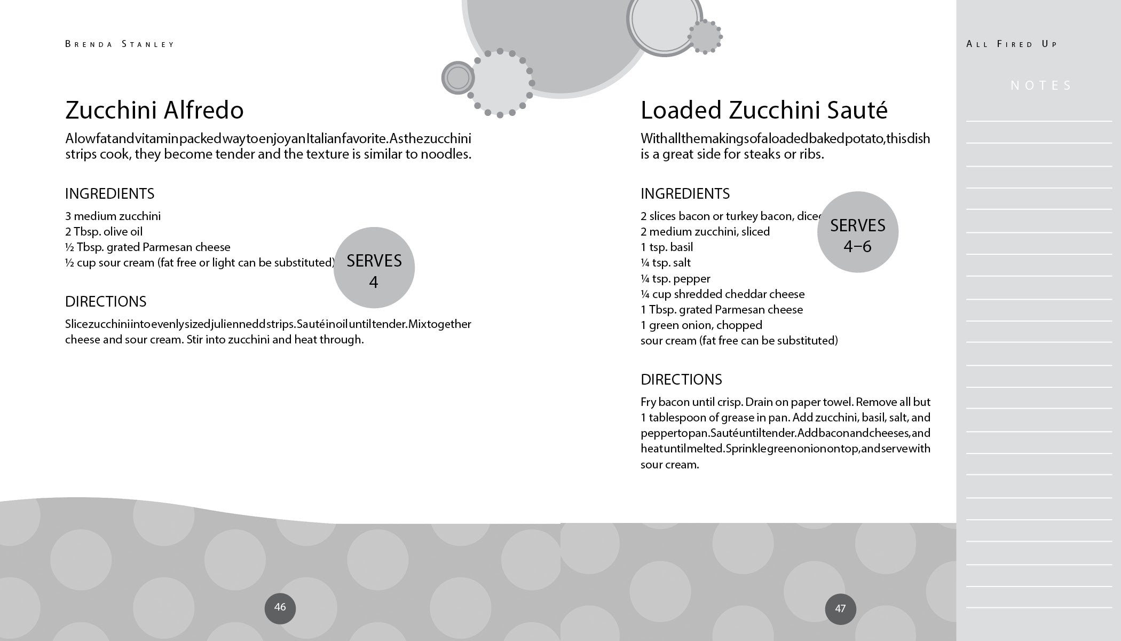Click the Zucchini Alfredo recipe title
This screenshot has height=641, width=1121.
pyautogui.click(x=154, y=110)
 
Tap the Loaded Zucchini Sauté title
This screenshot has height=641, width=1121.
pyautogui.click(x=763, y=110)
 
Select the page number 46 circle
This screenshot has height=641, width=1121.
pyautogui.click(x=280, y=608)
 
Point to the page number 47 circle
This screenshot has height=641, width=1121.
pyautogui.click(x=840, y=609)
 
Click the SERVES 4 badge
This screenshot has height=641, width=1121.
pyautogui.click(x=374, y=268)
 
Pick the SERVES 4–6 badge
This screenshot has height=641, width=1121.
pyautogui.click(x=857, y=232)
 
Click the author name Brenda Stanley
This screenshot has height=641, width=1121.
pyautogui.click(x=120, y=44)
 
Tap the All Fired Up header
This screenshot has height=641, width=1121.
pyautogui.click(x=1012, y=44)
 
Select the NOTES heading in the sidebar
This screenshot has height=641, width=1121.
pyautogui.click(x=1041, y=85)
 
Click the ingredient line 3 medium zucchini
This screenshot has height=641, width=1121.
pyautogui.click(x=113, y=216)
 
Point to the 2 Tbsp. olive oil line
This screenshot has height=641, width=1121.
pyautogui.click(x=104, y=232)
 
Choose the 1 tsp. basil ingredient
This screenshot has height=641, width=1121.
pyautogui.click(x=667, y=247)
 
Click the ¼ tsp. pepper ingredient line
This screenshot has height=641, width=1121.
pyautogui.click(x=675, y=279)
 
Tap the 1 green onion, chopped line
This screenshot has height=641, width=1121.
pyautogui.click(x=701, y=325)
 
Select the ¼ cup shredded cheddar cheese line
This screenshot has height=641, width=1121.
pyautogui.click(x=722, y=294)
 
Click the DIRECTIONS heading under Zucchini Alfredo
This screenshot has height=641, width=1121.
pyautogui.click(x=106, y=302)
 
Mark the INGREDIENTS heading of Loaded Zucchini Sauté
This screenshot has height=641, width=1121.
pyautogui.click(x=685, y=194)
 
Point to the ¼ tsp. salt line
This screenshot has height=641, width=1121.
pyautogui.click(x=665, y=263)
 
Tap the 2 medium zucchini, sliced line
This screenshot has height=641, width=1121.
pyautogui.click(x=705, y=232)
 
